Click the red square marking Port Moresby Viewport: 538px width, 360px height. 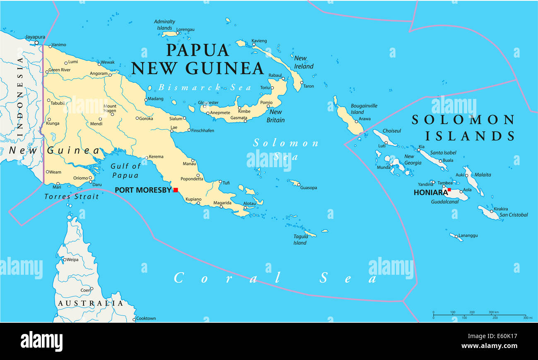click(x=175, y=190)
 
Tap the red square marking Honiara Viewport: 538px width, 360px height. click(x=449, y=190)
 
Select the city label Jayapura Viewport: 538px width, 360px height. click(x=35, y=37)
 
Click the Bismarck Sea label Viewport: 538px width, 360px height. click(x=204, y=87)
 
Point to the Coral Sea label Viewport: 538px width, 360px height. click(x=275, y=278)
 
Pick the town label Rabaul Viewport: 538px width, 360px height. click(x=275, y=75)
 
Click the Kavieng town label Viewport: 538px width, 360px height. click(x=259, y=41)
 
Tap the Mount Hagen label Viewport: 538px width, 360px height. click(x=110, y=108)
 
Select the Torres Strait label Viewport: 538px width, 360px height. click(x=72, y=197)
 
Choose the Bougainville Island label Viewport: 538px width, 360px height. click(x=364, y=109)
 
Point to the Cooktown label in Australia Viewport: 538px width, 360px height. click(x=146, y=318)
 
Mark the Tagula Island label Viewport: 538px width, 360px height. click(x=300, y=240)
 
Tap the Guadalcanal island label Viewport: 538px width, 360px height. click(x=445, y=202)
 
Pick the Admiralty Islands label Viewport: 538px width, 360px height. click(x=164, y=25)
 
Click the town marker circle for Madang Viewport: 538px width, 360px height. click(x=145, y=99)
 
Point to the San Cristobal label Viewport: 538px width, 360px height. click(x=513, y=215)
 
